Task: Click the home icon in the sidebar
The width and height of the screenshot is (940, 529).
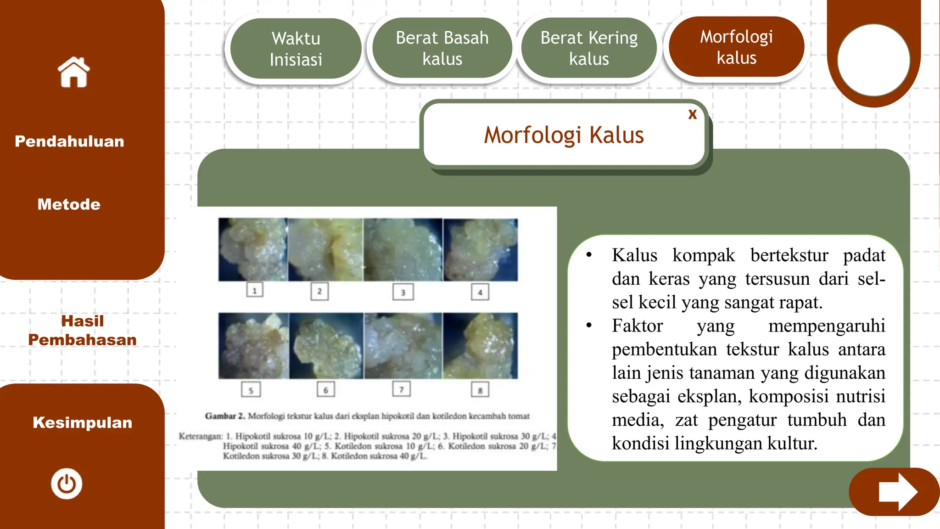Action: point(73,72)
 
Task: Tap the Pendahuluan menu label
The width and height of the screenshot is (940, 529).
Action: point(69,141)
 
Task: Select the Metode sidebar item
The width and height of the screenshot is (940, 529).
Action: point(69,204)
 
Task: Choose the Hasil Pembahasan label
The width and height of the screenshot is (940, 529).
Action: point(82,330)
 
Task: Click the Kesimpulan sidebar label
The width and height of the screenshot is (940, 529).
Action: point(82,422)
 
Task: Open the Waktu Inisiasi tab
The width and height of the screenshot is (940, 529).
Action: point(296,49)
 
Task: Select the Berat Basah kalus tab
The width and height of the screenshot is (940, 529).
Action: point(442,48)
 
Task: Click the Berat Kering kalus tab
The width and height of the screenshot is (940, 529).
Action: point(589,48)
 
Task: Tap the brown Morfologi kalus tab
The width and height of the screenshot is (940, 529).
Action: point(736,47)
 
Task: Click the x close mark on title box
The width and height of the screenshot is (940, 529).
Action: point(692,114)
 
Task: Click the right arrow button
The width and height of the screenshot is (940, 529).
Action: point(895,492)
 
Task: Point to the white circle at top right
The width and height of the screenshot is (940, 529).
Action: point(873,60)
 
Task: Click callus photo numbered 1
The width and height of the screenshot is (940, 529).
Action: point(253,250)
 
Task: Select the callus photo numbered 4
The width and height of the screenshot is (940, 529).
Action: point(480,250)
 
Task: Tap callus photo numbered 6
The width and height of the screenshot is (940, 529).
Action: point(326,346)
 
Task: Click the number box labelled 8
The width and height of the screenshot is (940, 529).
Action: point(480,390)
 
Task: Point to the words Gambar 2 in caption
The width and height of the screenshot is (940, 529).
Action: point(224,416)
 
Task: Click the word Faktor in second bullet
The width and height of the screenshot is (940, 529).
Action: point(637,326)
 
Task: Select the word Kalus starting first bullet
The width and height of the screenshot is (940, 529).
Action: point(634,255)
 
